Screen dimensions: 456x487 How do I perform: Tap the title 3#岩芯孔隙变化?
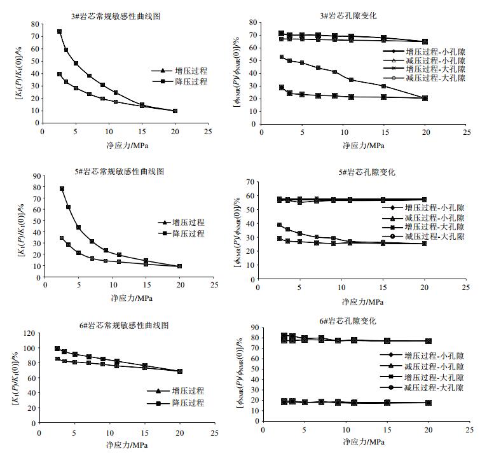click(362, 16)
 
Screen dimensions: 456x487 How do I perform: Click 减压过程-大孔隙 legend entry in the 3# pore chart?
click(438, 78)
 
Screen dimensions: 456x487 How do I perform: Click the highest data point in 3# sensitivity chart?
click(59, 31)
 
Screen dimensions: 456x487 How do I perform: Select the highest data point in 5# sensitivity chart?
click(62, 188)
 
